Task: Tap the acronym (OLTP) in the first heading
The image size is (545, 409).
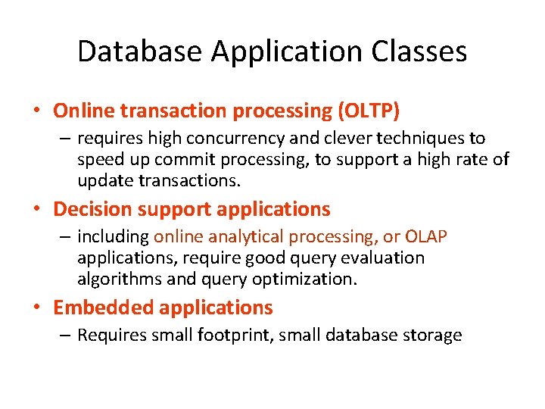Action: tap(368, 111)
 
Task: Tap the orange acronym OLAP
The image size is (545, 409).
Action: tap(426, 237)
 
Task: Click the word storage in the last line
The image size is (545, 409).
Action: tap(432, 336)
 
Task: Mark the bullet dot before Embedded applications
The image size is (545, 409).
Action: tap(36, 308)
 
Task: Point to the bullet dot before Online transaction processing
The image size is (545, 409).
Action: tap(36, 112)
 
